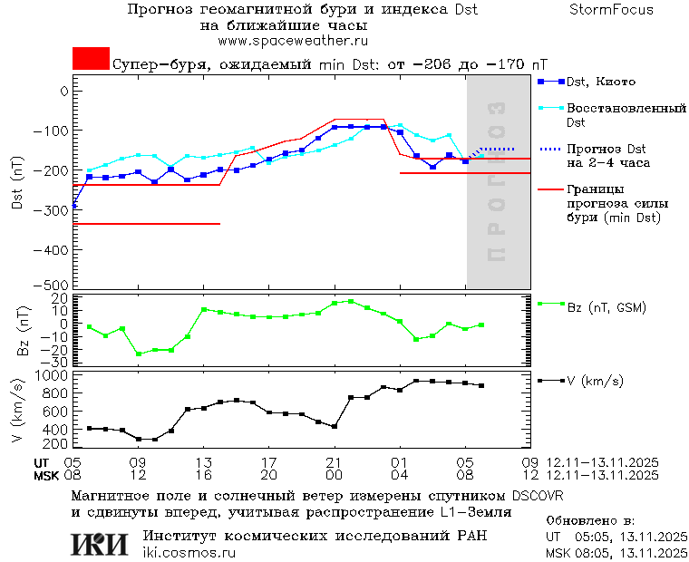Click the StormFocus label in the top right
(x=611, y=10)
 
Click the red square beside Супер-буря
(x=91, y=59)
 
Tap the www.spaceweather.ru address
(x=292, y=41)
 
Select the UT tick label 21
(x=335, y=462)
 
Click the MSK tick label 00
(x=335, y=475)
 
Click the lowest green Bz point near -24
(x=139, y=354)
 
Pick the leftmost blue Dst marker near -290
(x=73, y=205)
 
